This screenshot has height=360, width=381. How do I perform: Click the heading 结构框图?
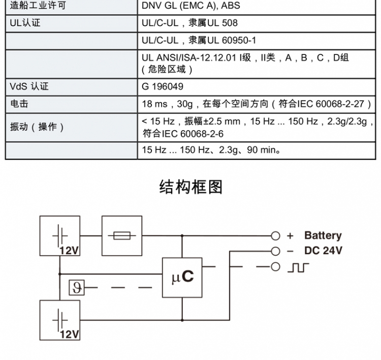190,187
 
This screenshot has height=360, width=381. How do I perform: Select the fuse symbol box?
122,235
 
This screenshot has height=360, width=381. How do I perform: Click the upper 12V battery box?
60,235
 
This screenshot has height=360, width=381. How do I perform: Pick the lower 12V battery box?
60,320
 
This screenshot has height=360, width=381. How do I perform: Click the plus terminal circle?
275,235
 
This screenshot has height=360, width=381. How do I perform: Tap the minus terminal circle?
275,251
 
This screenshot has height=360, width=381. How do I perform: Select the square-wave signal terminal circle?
275,266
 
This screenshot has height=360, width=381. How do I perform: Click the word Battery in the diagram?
323,235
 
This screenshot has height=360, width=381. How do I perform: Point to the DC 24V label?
323,251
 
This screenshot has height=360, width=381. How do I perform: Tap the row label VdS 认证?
29,86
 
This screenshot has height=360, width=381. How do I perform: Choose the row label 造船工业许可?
38,7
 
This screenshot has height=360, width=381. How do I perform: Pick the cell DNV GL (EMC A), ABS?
190,7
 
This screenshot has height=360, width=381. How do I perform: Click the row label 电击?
19,104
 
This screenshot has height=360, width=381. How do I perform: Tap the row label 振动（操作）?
37,127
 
